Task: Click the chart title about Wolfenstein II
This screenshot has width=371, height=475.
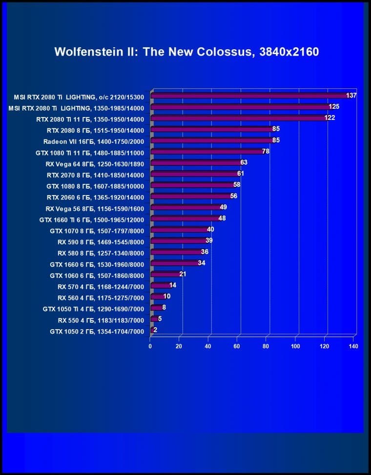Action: point(186,52)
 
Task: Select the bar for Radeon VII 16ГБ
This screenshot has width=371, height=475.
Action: point(212,140)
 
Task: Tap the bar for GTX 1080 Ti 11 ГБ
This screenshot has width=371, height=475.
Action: point(207,152)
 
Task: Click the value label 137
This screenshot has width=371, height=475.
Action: point(351,96)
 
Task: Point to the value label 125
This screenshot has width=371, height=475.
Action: point(334,107)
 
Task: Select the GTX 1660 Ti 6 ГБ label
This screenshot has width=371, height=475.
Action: point(92,219)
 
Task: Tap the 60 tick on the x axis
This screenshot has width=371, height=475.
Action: point(237,346)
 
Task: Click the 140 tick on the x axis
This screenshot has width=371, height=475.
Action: point(353,346)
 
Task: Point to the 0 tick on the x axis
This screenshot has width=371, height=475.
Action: point(150,346)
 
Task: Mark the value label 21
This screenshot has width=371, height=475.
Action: point(183,274)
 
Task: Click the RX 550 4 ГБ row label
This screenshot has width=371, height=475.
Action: point(101,320)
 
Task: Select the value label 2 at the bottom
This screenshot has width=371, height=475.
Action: point(155,330)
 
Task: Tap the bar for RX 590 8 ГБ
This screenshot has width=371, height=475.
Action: point(179,241)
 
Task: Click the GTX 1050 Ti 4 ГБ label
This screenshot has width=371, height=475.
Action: point(93,309)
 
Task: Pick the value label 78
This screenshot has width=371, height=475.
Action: point(266,152)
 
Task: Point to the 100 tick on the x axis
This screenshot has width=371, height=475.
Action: point(295,346)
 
